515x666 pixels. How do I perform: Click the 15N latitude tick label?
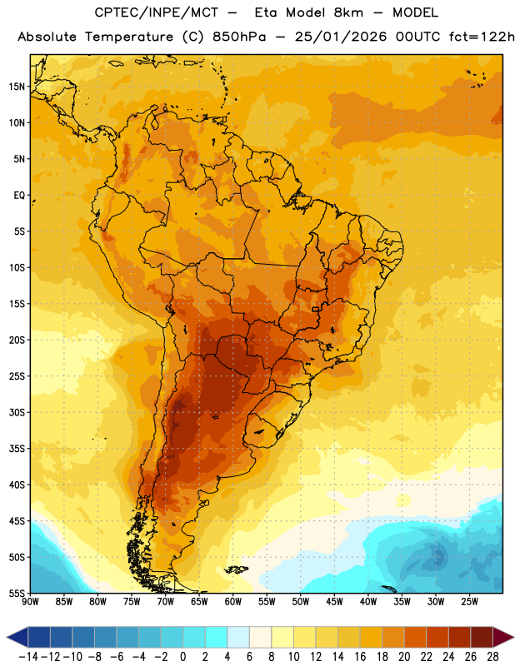(17, 87)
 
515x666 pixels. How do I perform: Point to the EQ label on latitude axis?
(19, 196)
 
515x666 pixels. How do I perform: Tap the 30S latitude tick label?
(17, 412)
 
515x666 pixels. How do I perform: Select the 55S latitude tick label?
(17, 593)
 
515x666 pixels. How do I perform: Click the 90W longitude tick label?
(30, 602)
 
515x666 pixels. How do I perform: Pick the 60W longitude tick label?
(233, 602)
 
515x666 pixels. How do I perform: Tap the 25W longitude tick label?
(469, 602)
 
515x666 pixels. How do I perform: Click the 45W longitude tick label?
(334, 602)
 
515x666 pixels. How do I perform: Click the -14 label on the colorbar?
(28, 657)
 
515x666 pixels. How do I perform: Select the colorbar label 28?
(492, 657)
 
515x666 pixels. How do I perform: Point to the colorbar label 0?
(182, 657)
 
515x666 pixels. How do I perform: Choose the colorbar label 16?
(360, 657)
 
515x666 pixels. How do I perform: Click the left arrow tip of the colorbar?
(7, 637)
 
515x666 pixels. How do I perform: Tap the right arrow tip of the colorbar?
(513, 637)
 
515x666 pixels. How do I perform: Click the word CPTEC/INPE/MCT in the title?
(156, 12)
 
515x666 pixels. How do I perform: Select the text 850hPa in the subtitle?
(239, 37)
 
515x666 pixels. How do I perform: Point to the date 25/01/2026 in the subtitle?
(341, 37)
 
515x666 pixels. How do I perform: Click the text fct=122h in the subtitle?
(482, 37)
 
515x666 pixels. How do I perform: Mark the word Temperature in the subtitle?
(129, 37)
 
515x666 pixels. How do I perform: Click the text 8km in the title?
(348, 12)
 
